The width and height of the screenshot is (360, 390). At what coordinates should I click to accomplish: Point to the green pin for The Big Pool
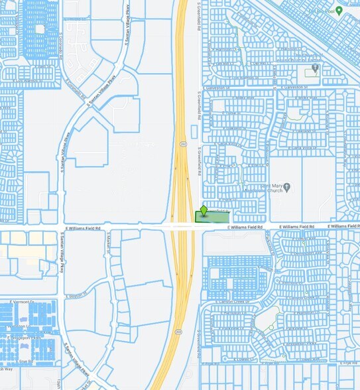[x=339, y=10]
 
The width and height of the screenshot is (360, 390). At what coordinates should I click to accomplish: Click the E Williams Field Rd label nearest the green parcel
[x=245, y=227]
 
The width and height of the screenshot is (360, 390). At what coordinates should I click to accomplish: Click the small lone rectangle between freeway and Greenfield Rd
[x=193, y=132]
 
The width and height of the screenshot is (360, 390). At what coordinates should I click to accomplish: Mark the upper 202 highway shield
[x=182, y=143]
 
